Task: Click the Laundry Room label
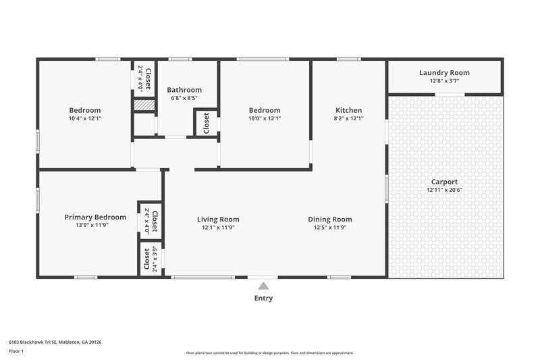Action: point(444,73)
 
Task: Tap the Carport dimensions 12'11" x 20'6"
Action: point(444,190)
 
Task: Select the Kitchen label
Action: point(348,110)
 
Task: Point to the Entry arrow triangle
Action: point(263,286)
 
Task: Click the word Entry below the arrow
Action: point(263,298)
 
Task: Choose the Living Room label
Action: point(218,219)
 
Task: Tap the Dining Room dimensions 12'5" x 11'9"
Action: point(329,227)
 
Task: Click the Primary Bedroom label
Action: point(95,217)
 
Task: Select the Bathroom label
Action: point(184,90)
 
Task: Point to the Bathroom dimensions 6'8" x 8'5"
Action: point(184,98)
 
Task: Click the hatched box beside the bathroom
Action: point(144,105)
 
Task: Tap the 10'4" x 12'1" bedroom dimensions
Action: point(85,118)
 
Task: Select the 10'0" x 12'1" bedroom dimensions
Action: point(265,118)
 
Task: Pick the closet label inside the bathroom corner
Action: point(206,122)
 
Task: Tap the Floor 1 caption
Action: point(16,351)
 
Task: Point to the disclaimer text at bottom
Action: point(270,353)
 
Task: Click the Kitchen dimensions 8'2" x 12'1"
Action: point(348,118)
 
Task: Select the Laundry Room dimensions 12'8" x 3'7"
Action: point(444,81)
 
